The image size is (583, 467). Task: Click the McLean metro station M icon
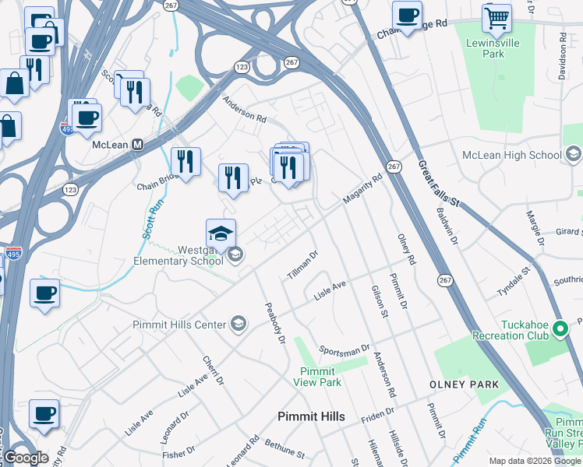click(x=138, y=145)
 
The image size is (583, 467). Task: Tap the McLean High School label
click(x=511, y=155)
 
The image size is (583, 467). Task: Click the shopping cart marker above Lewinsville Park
click(x=496, y=18)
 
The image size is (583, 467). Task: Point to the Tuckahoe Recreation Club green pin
click(x=559, y=330)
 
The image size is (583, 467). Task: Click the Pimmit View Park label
click(x=317, y=377)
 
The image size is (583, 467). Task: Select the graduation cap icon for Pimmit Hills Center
click(x=239, y=325)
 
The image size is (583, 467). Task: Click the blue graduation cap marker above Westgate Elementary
click(x=221, y=233)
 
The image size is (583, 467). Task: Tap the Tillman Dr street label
click(x=302, y=265)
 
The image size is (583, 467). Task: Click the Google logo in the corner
click(x=25, y=458)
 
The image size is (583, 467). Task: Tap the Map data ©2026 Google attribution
click(x=535, y=461)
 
